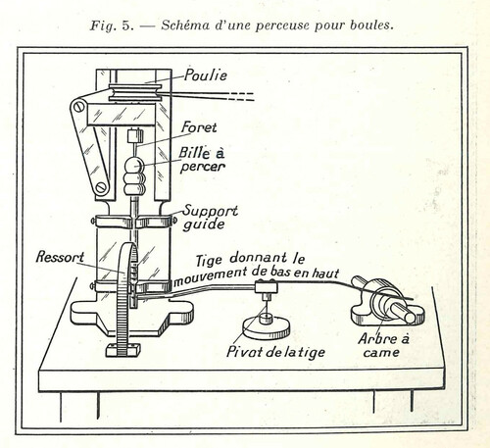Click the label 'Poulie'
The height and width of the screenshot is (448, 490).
[x=206, y=75]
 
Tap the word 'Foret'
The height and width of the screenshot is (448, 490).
[x=199, y=127]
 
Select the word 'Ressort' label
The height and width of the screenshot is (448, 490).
[x=60, y=257]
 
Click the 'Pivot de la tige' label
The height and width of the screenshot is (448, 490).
[x=275, y=352]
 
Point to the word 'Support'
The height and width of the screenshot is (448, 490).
[x=211, y=211]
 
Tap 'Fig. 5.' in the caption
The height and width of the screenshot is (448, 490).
[x=112, y=25]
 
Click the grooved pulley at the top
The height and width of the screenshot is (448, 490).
[x=134, y=92]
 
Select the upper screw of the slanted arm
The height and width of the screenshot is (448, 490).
[x=78, y=107]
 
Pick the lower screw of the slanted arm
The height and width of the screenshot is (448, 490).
[x=101, y=187]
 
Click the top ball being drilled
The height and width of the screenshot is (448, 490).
[x=134, y=165]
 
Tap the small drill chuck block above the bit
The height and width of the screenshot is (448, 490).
[x=135, y=136]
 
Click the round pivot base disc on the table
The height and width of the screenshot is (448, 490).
[x=267, y=327]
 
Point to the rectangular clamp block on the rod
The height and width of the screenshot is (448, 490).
[x=267, y=287]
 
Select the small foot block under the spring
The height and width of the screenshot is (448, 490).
[x=123, y=350]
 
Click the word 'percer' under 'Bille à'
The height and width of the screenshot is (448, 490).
[x=203, y=167]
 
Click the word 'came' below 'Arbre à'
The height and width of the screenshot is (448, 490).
[x=381, y=353]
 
